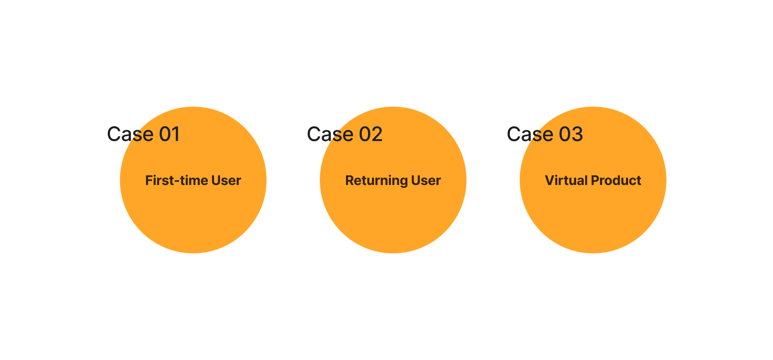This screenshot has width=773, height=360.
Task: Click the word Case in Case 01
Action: (x=130, y=134)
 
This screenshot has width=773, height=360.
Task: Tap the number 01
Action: (x=170, y=134)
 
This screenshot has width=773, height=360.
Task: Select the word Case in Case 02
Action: (x=330, y=134)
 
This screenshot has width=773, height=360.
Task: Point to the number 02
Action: (x=371, y=134)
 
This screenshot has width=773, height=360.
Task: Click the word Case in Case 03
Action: (x=530, y=134)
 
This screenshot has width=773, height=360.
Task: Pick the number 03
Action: (x=571, y=134)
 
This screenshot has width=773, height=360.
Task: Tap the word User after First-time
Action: (x=226, y=180)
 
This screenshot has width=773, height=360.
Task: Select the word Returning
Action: (x=377, y=181)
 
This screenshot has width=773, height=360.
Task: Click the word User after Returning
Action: (x=426, y=180)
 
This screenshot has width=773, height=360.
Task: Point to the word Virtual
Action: (x=566, y=180)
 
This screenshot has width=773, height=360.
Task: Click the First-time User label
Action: (x=193, y=180)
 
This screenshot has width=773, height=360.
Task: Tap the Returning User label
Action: (x=393, y=181)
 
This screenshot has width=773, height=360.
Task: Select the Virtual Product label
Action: (x=593, y=180)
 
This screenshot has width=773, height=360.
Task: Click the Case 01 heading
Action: (x=143, y=134)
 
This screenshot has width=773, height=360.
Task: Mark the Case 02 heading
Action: (x=345, y=134)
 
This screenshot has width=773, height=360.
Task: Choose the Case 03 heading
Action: (x=545, y=134)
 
